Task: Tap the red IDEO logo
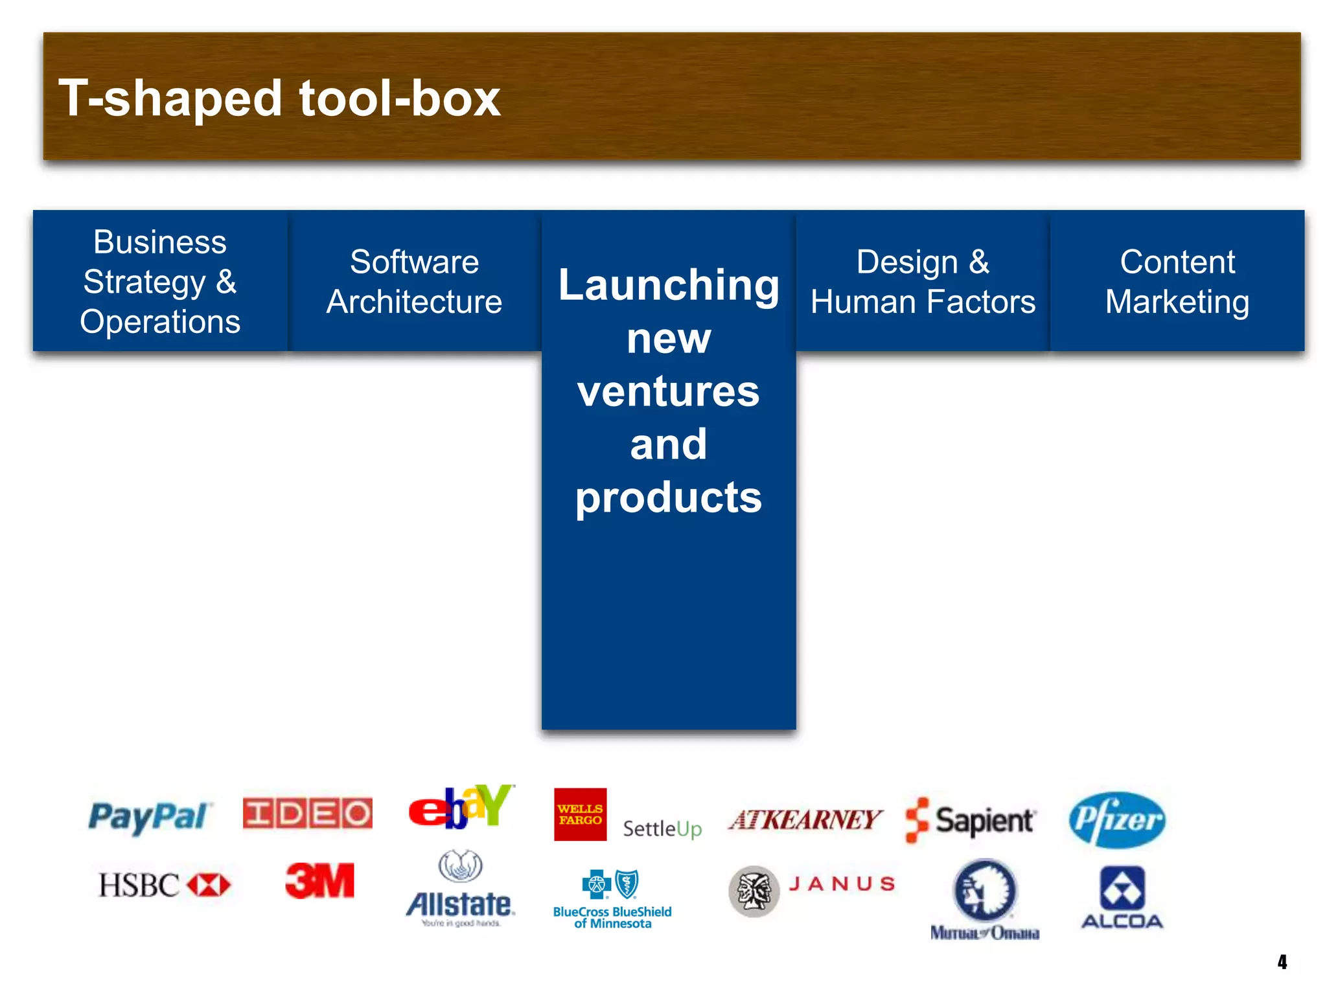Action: point(307,813)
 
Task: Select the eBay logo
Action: point(461,808)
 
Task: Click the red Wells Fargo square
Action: point(580,814)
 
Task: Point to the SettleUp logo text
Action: point(662,829)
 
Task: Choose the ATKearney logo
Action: point(805,820)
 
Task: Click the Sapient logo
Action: point(970,820)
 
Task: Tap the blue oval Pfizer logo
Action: point(1116,819)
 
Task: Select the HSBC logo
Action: point(164,885)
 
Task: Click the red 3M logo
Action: point(320,881)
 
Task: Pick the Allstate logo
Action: point(461,891)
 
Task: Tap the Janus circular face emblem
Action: point(753,891)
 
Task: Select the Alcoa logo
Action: point(1122,897)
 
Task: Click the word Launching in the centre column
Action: point(669,285)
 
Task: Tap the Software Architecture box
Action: point(414,281)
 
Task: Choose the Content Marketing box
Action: point(1177,281)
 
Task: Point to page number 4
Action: point(1282,961)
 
